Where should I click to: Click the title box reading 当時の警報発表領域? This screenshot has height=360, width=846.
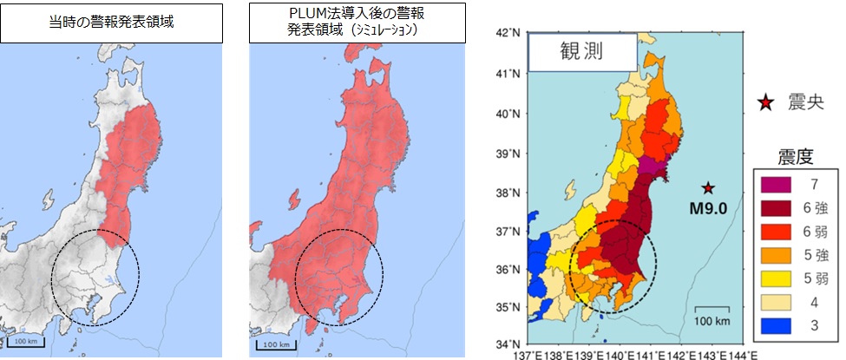tap(110, 22)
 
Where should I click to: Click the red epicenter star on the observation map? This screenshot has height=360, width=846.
tap(708, 187)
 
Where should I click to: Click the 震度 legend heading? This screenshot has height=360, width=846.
tap(793, 156)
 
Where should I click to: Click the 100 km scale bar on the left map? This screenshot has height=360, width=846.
tap(26, 341)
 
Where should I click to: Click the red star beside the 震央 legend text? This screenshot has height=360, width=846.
tap(765, 104)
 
